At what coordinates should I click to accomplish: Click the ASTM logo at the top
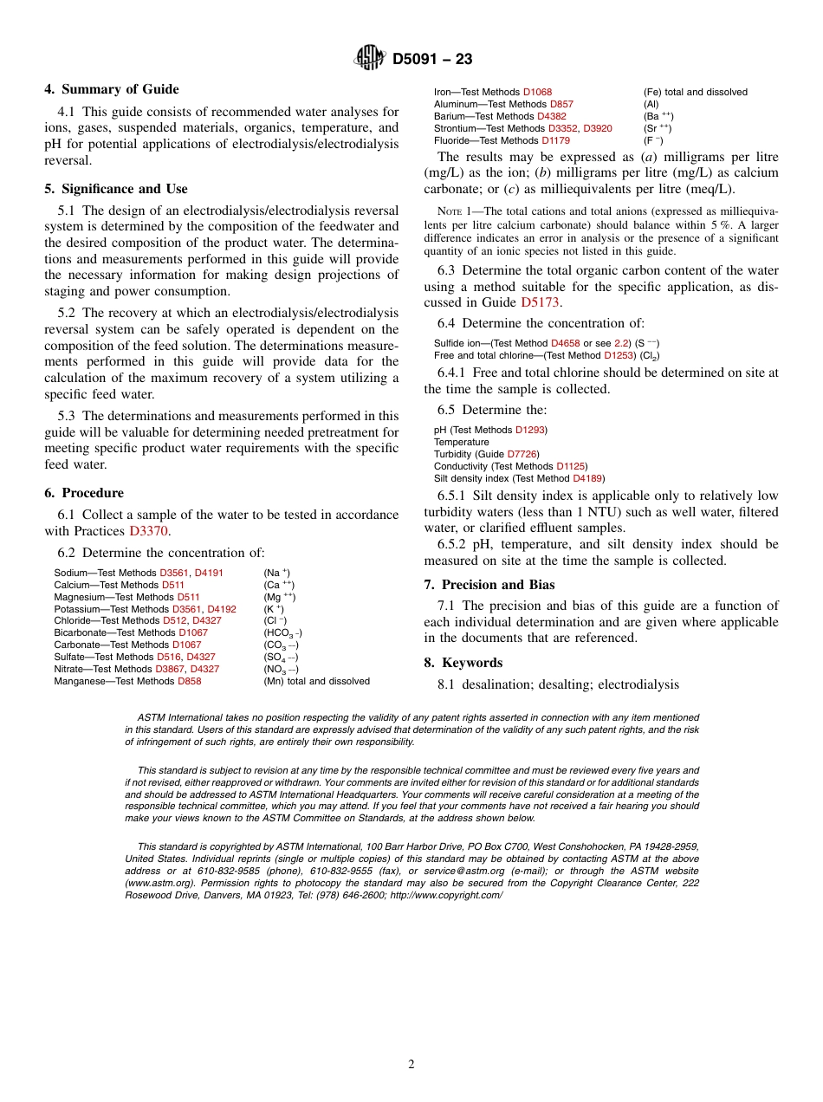click(370, 58)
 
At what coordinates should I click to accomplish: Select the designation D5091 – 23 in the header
click(432, 59)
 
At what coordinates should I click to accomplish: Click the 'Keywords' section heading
click(472, 663)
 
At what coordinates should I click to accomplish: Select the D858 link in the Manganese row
click(189, 682)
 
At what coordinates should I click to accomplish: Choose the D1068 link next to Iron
click(537, 92)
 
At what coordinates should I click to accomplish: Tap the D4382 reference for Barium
click(551, 116)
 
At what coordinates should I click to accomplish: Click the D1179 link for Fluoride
click(555, 140)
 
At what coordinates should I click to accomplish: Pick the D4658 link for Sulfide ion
click(566, 344)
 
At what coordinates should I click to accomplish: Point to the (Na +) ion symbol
click(277, 573)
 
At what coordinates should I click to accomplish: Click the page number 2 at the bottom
click(411, 1065)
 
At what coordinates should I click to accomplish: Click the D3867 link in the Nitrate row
click(170, 670)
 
